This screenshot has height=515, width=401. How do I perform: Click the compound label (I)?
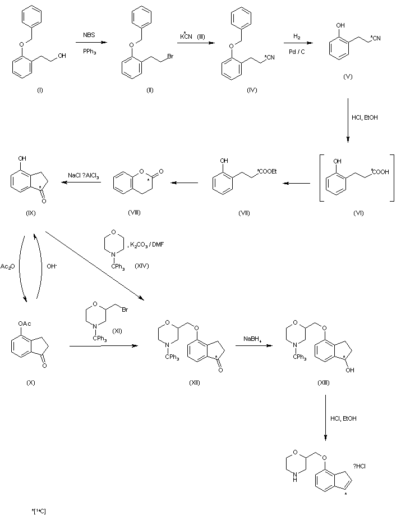point(40,91)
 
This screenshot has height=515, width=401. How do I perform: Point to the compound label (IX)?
point(30,213)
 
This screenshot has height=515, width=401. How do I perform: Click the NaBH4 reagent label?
point(251,339)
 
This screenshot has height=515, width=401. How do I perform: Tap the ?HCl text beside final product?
point(360,465)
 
